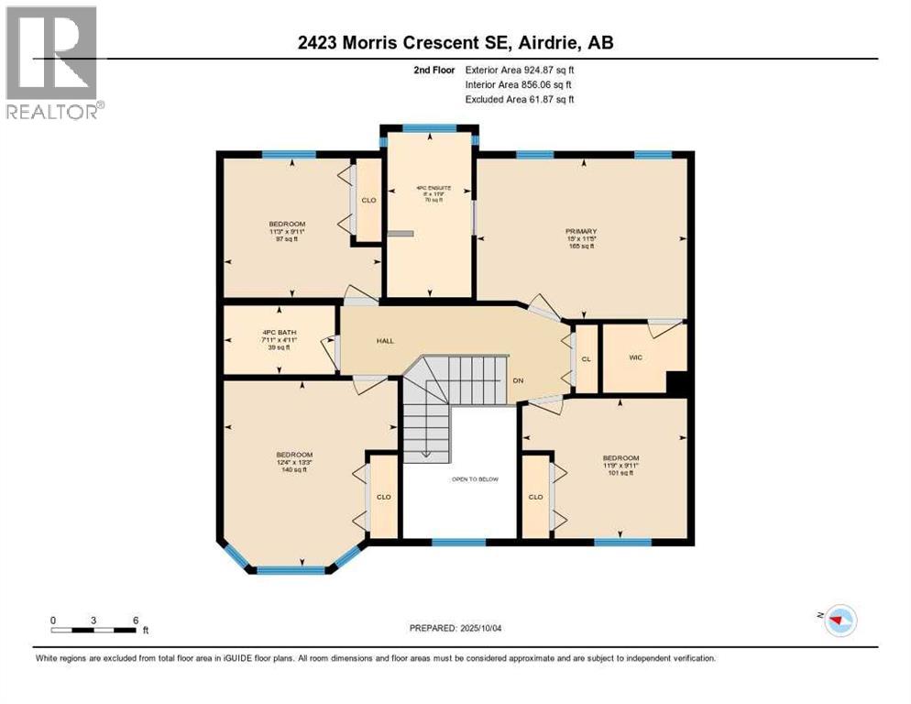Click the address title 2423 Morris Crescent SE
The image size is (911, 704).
(x=455, y=41)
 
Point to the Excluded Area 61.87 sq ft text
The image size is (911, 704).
(x=519, y=99)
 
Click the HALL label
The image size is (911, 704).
(x=385, y=340)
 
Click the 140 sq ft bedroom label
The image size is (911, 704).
(x=294, y=462)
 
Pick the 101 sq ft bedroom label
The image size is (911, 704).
(x=620, y=465)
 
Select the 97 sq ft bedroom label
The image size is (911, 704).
(x=287, y=231)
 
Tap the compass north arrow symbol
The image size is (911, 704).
(x=838, y=621)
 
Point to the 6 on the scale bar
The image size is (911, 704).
(x=136, y=620)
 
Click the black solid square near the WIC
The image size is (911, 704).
(x=676, y=383)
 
